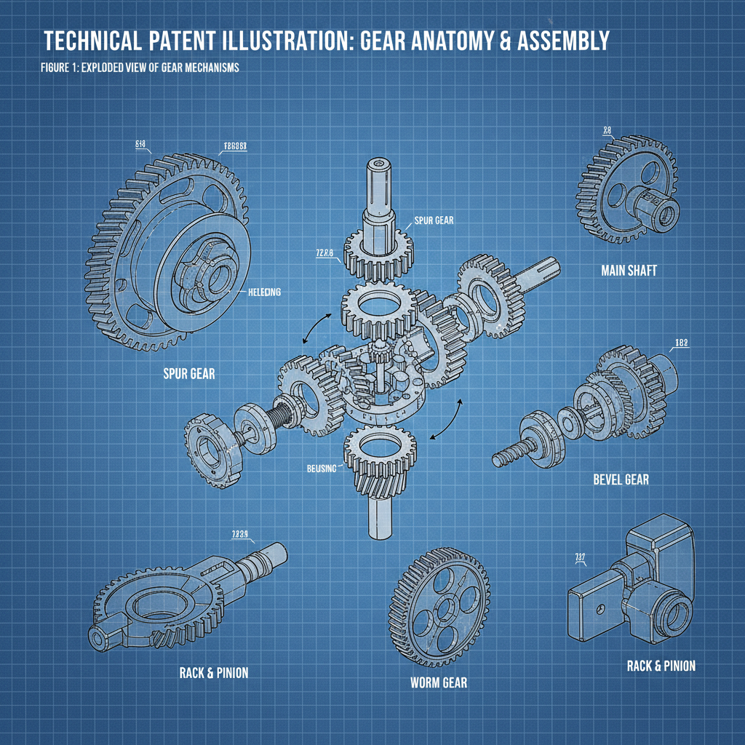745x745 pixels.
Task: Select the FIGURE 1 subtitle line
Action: click(140, 68)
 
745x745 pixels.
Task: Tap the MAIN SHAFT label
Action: click(629, 271)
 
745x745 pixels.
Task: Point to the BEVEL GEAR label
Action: click(621, 479)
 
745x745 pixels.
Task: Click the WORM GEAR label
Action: click(439, 682)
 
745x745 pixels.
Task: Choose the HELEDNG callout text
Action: click(263, 292)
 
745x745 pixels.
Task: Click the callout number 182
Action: click(682, 343)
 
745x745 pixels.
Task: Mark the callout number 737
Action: click(580, 558)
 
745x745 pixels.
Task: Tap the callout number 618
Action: click(141, 144)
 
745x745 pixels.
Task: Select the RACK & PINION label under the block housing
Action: click(661, 666)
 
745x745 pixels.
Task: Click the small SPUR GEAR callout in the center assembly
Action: click(434, 220)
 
